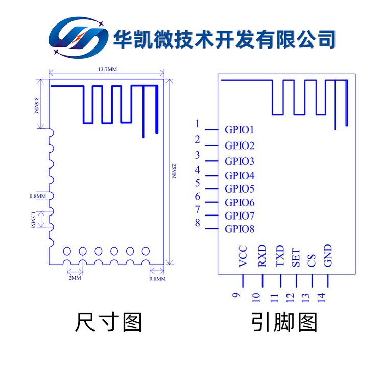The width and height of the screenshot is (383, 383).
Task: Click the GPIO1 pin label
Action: [240, 130]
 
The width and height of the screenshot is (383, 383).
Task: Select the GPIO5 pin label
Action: [240, 189]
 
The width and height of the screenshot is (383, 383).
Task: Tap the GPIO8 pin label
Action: [240, 229]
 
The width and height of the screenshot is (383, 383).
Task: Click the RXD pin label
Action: [262, 256]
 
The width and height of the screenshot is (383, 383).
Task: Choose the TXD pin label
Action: [280, 256]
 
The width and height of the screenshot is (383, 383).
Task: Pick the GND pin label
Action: [328, 255]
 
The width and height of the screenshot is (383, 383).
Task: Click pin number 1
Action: [197, 124]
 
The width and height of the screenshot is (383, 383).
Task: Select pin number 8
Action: [197, 223]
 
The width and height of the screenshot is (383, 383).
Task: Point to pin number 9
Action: [235, 295]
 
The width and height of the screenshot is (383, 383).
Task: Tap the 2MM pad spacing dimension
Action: [74, 278]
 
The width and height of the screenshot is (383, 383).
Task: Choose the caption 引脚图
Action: [284, 323]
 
